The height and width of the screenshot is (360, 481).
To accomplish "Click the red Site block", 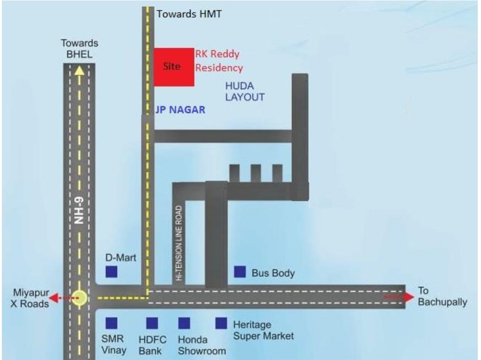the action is pyautogui.click(x=174, y=67).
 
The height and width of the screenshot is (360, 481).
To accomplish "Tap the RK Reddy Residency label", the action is pyautogui.click(x=219, y=61).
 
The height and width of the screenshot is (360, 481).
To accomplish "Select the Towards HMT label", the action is pyautogui.click(x=189, y=14).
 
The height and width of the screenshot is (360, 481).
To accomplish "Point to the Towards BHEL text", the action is pyautogui.click(x=79, y=49).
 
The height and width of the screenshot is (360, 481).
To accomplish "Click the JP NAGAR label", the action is pyautogui.click(x=180, y=110).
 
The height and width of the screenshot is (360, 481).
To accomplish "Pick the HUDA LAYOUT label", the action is pyautogui.click(x=245, y=92).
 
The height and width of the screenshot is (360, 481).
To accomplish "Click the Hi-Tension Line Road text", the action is pyautogui.click(x=179, y=243).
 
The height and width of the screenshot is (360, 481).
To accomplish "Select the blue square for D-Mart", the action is pyautogui.click(x=111, y=272).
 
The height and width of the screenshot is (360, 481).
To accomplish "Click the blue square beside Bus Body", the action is pyautogui.click(x=240, y=272).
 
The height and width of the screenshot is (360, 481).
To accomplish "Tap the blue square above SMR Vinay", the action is pyautogui.click(x=111, y=323).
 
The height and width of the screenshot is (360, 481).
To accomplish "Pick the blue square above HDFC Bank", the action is pyautogui.click(x=152, y=323).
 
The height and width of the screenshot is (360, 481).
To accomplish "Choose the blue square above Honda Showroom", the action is pyautogui.click(x=184, y=323).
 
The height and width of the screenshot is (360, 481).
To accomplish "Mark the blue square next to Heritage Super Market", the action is pyautogui.click(x=221, y=323).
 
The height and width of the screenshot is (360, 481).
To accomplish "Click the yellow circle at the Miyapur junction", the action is pyautogui.click(x=79, y=298).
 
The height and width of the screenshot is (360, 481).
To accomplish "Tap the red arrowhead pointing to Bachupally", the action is pyautogui.click(x=409, y=297).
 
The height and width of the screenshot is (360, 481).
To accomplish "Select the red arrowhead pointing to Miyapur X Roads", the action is pyautogui.click(x=54, y=298).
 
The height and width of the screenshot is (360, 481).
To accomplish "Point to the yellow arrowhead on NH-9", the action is pyautogui.click(x=79, y=71).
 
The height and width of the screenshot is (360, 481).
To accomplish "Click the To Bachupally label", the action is pyautogui.click(x=443, y=296).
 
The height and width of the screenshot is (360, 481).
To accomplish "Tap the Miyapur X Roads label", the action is pyautogui.click(x=30, y=298).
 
